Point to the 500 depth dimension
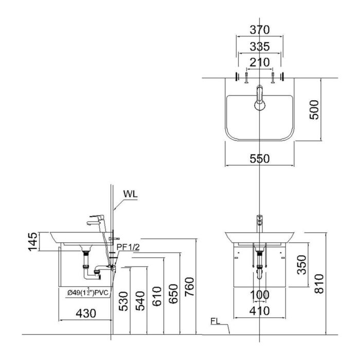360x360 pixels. click(x=315, y=109)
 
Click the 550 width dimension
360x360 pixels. click(x=260, y=159)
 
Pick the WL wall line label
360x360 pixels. click(x=130, y=195)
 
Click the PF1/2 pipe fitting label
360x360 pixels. click(x=128, y=247)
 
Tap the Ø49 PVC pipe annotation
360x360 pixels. click(x=87, y=293)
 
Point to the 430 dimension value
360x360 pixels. click(x=86, y=312)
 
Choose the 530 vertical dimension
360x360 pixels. click(x=122, y=302)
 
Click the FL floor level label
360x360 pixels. click(x=216, y=323)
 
